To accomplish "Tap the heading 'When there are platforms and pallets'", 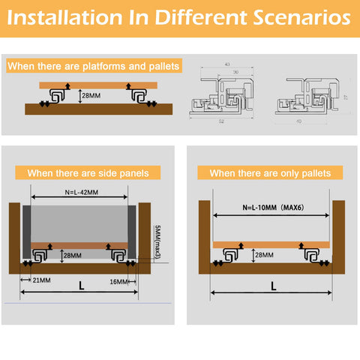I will (x=94, y=67).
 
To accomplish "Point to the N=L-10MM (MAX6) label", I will (x=272, y=208).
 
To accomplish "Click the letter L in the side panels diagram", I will (x=80, y=286).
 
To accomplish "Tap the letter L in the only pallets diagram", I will (x=272, y=286).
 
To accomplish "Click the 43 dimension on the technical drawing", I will (x=226, y=64).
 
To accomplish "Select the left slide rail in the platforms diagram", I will (x=58, y=96).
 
